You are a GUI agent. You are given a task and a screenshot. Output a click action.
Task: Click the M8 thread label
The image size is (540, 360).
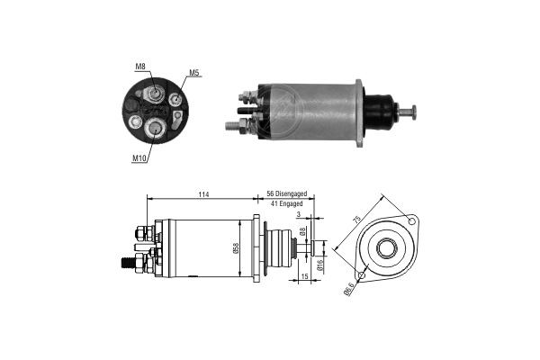click(140, 67)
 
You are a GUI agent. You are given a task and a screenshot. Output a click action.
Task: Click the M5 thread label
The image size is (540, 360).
click(194, 72)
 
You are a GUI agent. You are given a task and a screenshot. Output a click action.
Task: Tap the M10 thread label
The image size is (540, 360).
click(139, 158)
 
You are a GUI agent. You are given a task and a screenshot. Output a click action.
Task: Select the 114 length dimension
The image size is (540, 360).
click(203, 194)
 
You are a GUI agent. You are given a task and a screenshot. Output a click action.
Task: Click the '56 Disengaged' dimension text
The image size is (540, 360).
click(287, 194)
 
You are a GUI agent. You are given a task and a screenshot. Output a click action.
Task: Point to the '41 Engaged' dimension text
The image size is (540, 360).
click(286, 203)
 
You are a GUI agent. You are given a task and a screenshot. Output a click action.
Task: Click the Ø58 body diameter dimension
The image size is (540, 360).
click(236, 248)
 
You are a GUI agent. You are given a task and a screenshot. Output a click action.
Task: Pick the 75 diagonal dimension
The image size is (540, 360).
click(357, 219)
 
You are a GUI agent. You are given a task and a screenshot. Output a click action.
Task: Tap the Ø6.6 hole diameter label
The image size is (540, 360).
click(348, 290)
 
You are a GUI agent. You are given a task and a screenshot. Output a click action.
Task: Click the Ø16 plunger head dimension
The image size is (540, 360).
click(319, 265)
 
